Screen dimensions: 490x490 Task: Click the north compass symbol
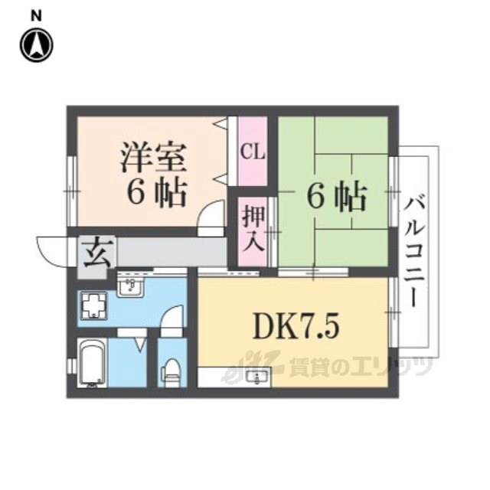[x=37, y=45]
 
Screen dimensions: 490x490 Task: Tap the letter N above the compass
[x=36, y=15]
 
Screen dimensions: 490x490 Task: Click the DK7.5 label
[x=296, y=327]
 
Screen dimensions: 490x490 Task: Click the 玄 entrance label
[x=97, y=253]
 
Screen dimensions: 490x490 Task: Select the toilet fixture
[x=171, y=373]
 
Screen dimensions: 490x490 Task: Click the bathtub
[x=93, y=363]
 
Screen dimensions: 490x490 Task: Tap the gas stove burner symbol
[x=94, y=305]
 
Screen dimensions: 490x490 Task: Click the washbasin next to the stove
[x=131, y=285]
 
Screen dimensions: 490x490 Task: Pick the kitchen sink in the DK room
[x=257, y=377]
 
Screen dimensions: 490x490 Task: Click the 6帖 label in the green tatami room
[x=337, y=198]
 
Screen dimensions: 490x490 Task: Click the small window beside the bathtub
[x=72, y=366]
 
